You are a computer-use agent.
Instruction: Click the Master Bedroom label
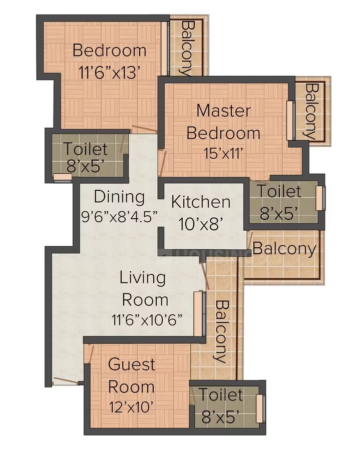coord(223,122)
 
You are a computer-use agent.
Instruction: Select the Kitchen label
coord(201,202)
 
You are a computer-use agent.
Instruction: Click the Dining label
coord(119,197)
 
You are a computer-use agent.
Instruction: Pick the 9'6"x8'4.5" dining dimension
coord(119,216)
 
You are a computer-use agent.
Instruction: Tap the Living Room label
coord(144,288)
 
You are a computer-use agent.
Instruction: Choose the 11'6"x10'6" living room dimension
coord(147,319)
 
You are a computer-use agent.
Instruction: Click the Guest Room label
coord(132,376)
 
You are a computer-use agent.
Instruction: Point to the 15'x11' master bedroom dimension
coord(223,153)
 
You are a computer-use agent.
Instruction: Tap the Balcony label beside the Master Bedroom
coord(310,112)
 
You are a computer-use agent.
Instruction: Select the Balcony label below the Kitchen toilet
coord(284,249)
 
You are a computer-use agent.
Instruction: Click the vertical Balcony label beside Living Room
coord(222,332)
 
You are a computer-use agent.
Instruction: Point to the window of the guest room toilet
coord(260,408)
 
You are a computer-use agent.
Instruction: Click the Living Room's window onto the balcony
coord(200,313)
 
